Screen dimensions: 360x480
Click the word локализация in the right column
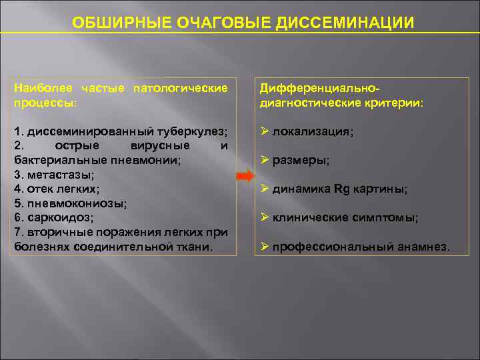point(312,132)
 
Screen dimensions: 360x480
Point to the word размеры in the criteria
point(301,161)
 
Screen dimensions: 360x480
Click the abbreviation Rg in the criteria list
point(341,189)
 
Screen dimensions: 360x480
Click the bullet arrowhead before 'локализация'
point(264,131)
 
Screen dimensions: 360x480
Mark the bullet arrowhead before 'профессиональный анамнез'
point(264,246)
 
